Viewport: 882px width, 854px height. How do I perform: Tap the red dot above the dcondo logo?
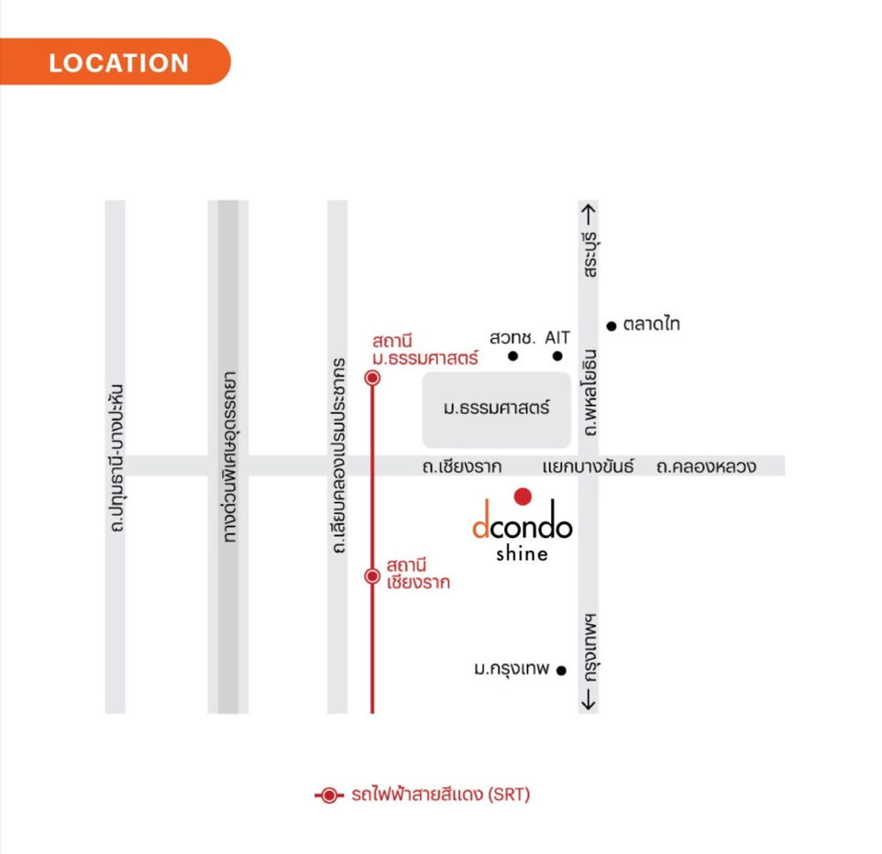click(x=523, y=497)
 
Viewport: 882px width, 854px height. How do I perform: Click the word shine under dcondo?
click(x=522, y=553)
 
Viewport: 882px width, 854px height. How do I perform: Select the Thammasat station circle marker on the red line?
click(x=372, y=378)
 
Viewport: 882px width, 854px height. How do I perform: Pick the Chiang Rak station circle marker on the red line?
click(x=372, y=575)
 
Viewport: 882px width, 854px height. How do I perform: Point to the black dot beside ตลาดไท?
click(x=611, y=325)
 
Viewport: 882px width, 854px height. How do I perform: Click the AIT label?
click(x=557, y=337)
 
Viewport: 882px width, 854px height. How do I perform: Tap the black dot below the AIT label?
click(x=557, y=356)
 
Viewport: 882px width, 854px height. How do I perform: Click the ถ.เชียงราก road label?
click(x=462, y=466)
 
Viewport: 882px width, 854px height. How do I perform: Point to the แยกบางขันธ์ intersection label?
click(x=588, y=466)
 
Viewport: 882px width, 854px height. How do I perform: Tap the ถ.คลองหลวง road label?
click(x=706, y=466)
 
